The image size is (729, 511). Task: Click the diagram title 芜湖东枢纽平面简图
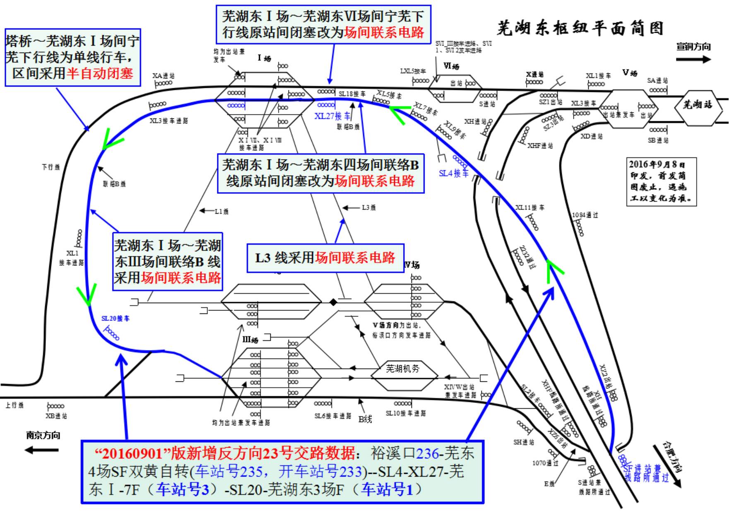pos(580,28)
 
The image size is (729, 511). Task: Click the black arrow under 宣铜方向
pos(693,59)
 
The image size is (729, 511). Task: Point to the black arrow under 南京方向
pos(41,450)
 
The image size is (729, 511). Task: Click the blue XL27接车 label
pos(332,116)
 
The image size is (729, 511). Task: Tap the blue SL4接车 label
pos(454,173)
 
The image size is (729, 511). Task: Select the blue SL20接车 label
pos(115,318)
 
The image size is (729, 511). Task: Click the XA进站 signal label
pos(164,76)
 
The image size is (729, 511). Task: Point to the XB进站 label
pos(56,416)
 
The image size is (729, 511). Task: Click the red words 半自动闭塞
pos(100,73)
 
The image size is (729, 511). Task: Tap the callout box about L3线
pos(325,258)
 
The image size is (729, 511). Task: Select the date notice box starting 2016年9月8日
pos(661,181)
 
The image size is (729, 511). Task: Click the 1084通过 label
pos(585,215)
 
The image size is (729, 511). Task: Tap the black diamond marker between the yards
pos(333,302)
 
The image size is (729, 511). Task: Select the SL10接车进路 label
pos(406,413)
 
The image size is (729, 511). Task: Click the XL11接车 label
pos(530,207)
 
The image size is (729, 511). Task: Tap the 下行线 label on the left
pos(51,167)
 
